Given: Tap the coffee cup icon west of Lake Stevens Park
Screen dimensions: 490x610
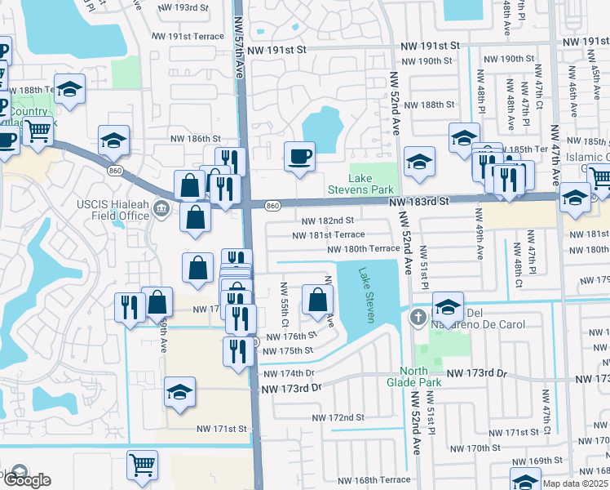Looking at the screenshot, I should pyautogui.click(x=299, y=155).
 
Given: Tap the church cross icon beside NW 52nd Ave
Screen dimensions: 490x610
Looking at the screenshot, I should pyautogui.click(x=418, y=317).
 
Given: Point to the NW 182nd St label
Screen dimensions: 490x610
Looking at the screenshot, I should pyautogui.click(x=328, y=220).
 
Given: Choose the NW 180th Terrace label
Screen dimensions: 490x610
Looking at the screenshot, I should pyautogui.click(x=363, y=248).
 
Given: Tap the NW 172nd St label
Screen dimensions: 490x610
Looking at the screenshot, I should pyautogui.click(x=338, y=417).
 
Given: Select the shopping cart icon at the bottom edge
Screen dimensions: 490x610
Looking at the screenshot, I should pyautogui.click(x=142, y=464).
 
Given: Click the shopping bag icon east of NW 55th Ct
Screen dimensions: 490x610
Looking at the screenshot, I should pyautogui.click(x=317, y=300).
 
